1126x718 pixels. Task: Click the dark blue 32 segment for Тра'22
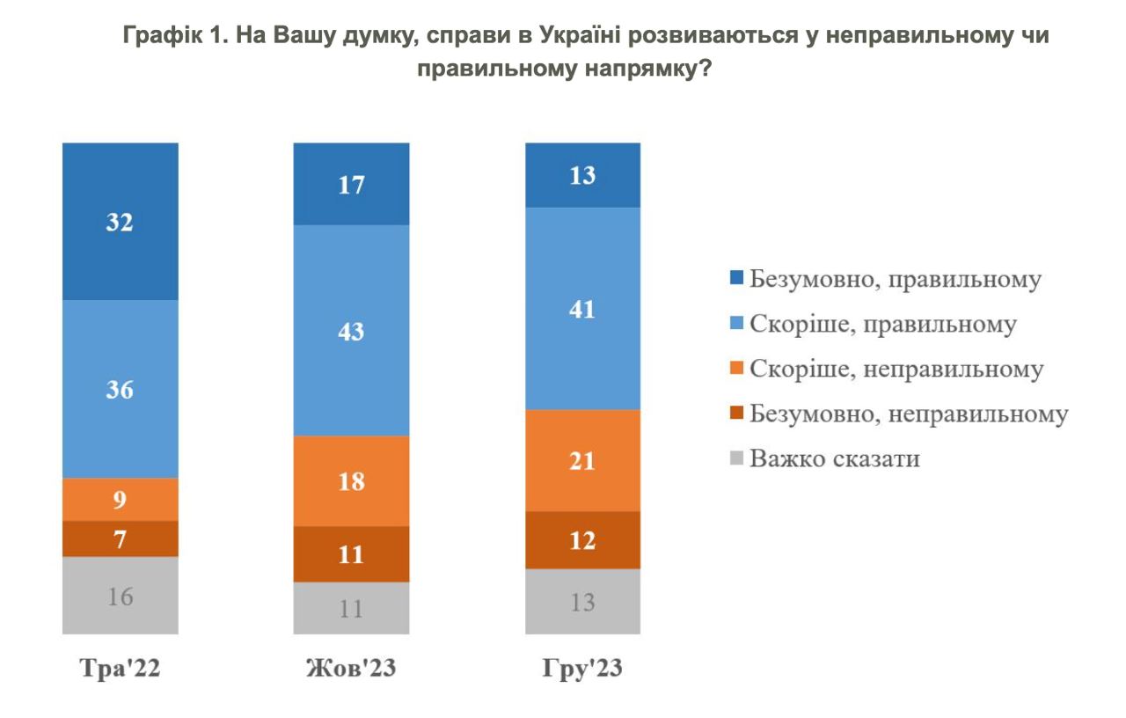[x=120, y=222]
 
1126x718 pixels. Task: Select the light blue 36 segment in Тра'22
[x=120, y=389]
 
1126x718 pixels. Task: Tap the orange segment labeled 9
[x=120, y=500]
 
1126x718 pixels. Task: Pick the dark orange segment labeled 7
[x=120, y=538]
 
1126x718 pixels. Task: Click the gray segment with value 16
[x=120, y=596]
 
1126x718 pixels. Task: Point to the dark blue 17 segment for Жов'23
[x=351, y=184]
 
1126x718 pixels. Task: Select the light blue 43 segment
[x=351, y=331]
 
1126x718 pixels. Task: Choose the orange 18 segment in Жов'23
[x=351, y=481]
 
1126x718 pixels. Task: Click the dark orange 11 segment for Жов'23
[x=351, y=554]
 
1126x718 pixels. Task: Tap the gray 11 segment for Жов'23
[x=351, y=608]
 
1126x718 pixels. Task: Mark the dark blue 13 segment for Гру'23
[x=582, y=175]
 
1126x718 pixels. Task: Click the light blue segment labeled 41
[x=582, y=309]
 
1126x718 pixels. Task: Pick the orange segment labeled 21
[x=582, y=460]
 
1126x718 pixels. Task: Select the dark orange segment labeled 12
[x=582, y=539]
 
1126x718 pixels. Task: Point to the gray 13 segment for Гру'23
[x=582, y=602]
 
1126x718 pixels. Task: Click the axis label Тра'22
[x=120, y=669]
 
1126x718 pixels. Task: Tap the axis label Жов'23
[x=351, y=669]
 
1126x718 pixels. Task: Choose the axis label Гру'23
[x=582, y=669]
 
